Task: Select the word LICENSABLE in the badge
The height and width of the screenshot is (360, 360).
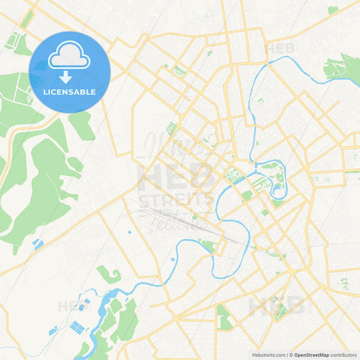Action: click(70, 92)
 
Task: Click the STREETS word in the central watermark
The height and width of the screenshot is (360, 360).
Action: click(178, 200)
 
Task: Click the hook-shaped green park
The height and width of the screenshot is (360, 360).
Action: click(110, 274)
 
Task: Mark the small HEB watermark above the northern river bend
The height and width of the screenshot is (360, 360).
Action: click(280, 49)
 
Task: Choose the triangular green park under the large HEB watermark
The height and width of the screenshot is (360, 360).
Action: click(224, 315)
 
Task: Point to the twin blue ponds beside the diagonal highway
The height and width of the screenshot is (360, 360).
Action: click(37, 244)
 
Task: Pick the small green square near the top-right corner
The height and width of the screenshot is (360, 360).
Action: click(332, 10)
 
